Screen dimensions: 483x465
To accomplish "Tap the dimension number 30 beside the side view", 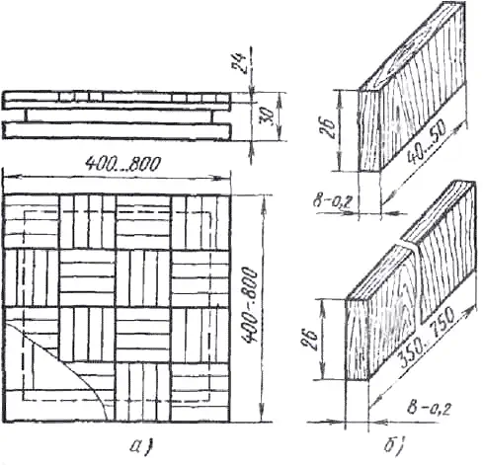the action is (x=268, y=116).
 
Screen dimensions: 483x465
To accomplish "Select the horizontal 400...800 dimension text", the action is (x=123, y=164).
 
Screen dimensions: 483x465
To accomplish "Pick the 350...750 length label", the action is (x=427, y=338).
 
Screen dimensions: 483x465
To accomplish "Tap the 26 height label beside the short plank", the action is (x=328, y=127).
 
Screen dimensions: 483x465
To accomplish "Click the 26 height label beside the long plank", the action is (x=309, y=340).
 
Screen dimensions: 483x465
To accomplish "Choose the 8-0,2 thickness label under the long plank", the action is (x=429, y=409).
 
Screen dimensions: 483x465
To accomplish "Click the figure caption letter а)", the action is (x=142, y=446).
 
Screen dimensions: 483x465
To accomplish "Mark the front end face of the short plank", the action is (x=368, y=130).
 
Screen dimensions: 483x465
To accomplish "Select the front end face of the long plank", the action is (x=357, y=339).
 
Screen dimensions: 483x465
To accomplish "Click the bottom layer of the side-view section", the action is (x=117, y=130).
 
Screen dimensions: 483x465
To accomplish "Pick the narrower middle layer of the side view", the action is (x=120, y=116).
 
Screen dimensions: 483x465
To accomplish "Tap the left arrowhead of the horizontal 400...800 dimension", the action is (x=10, y=178).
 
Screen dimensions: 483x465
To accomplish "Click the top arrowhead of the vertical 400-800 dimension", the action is (x=263, y=201).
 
